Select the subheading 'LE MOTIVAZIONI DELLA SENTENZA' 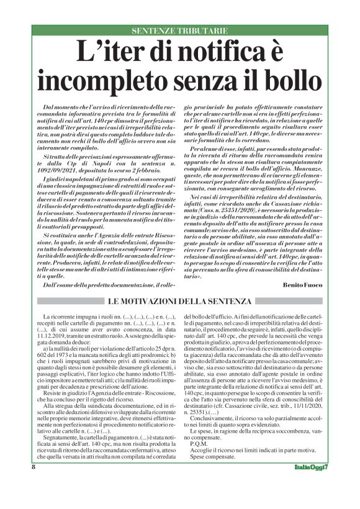[x=179, y=301]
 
